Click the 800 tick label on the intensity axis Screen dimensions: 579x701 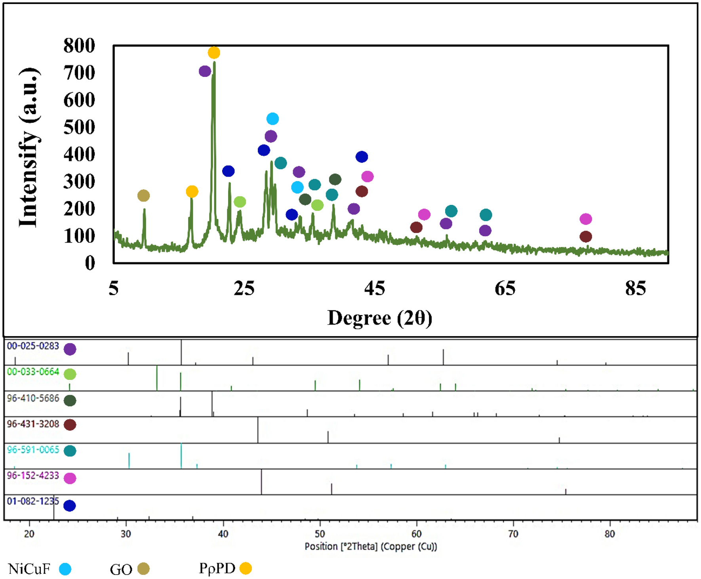tap(79, 46)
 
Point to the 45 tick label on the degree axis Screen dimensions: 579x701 tap(374, 289)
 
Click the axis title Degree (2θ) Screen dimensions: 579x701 tap(379, 318)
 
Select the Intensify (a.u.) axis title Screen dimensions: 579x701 tap(29, 147)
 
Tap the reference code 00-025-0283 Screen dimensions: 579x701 tap(33, 346)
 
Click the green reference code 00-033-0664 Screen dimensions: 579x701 tap(33, 372)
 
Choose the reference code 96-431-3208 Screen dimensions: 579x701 tap(33, 424)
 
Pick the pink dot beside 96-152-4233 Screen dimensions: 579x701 tap(70, 478)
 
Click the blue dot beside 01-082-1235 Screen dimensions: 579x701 tap(70, 506)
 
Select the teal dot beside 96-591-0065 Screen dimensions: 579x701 tap(70, 451)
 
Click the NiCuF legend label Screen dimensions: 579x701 tap(29, 569)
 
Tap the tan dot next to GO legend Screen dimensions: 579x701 tap(143, 569)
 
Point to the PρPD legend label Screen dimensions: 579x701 tap(217, 568)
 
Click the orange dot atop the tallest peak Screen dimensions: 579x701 tap(214, 53)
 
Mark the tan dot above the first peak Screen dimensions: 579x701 tap(143, 195)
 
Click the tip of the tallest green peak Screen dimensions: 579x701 tap(214, 63)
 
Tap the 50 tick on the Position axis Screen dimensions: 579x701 tap(320, 534)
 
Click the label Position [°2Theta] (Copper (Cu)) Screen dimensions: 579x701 tap(371, 547)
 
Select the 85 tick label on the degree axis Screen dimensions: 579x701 tap(635, 289)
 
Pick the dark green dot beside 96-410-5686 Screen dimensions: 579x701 tap(70, 400)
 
